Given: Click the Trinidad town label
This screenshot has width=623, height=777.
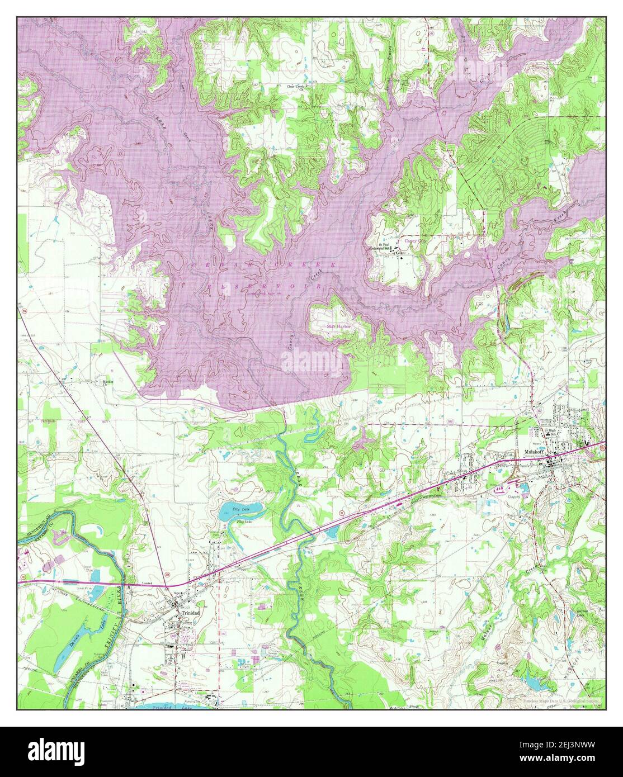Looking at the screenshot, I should point(187,613).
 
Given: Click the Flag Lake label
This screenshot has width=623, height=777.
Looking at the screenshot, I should point(244,522).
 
